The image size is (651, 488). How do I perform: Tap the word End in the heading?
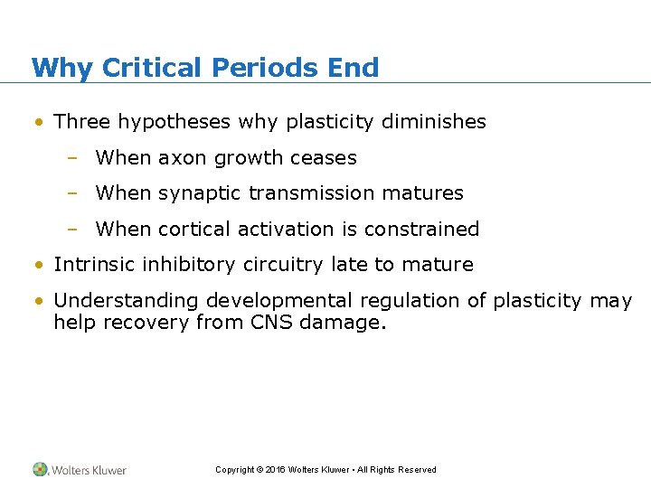pos(354,68)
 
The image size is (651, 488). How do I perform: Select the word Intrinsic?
pos(91,265)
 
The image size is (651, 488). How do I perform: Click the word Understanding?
pos(126,301)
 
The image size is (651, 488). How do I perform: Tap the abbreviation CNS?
pos(270,322)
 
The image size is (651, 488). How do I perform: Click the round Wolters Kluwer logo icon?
pos(41,469)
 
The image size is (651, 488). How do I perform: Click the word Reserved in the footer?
pos(418,470)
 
